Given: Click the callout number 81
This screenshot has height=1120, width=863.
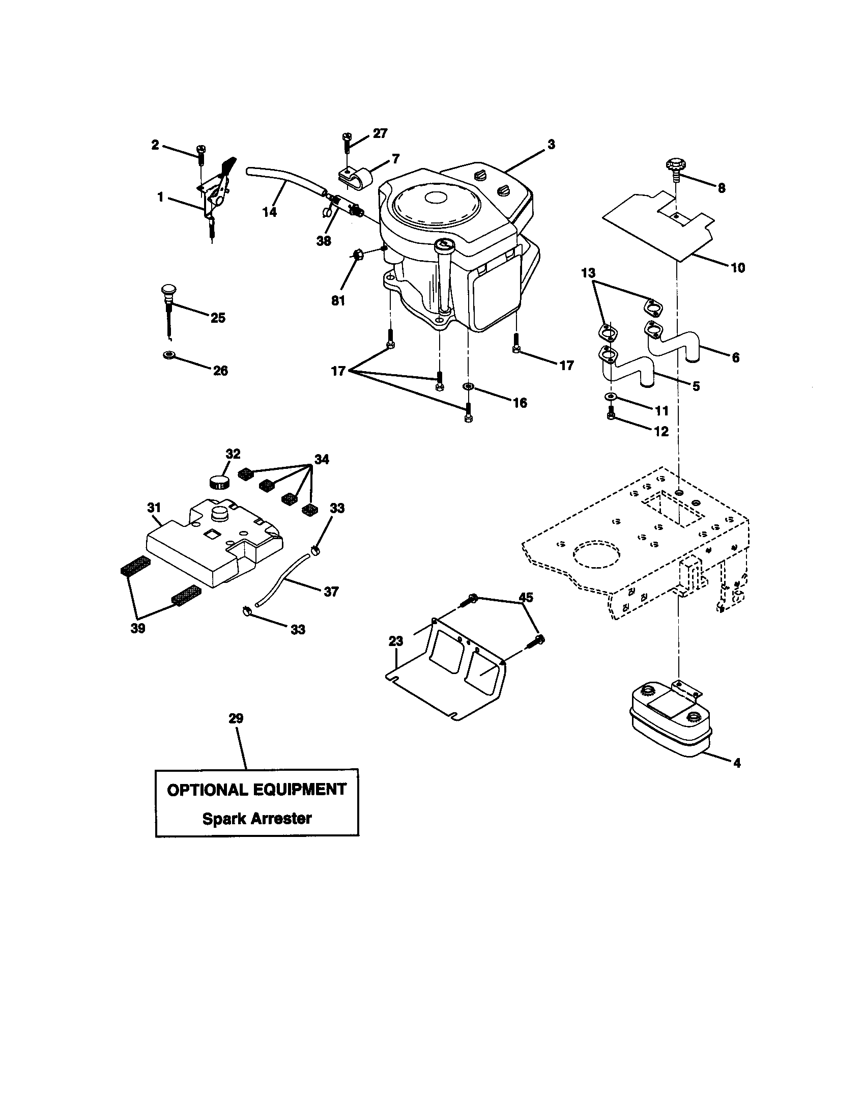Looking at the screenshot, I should point(338,301).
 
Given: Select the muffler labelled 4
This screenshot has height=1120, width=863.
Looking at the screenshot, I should point(670,721).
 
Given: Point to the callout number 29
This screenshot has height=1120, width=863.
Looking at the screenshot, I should point(236,718).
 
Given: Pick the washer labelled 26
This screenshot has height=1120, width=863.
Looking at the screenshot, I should point(167,355).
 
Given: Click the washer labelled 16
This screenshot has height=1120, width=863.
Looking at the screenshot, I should point(469,385).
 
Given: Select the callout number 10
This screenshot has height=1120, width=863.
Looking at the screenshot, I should point(737,268).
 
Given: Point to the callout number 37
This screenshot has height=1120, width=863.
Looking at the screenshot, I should point(331,592).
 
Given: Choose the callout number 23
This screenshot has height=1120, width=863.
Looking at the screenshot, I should point(396,641).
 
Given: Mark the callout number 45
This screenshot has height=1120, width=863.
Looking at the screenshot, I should point(526,597).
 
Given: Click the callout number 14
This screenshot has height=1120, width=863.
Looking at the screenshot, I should point(270,212).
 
